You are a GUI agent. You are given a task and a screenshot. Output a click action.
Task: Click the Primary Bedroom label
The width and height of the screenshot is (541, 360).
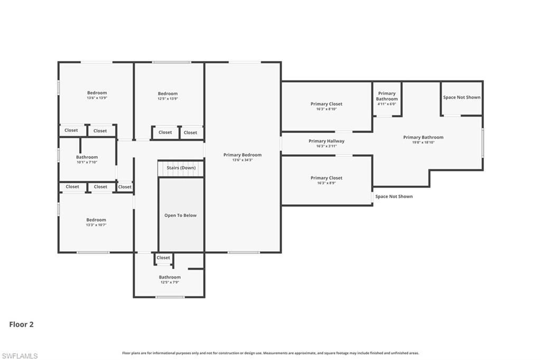(x=242, y=155)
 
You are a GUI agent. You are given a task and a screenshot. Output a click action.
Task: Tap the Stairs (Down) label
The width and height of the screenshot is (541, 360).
(x=181, y=168)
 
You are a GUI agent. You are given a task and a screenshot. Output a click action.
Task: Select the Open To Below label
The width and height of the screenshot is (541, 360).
(x=180, y=215)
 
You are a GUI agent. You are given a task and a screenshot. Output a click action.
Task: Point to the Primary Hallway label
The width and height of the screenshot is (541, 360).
(x=326, y=141)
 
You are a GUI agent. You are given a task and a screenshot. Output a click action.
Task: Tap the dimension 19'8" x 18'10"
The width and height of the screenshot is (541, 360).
(x=423, y=143)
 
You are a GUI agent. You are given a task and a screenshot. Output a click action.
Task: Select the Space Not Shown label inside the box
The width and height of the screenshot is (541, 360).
(x=461, y=97)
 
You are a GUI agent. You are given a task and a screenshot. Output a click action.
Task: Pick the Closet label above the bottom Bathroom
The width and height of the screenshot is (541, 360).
(x=163, y=258)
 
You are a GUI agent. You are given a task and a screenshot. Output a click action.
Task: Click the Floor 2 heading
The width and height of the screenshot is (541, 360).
(x=21, y=325)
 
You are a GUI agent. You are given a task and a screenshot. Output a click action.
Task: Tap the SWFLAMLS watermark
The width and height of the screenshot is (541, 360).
(x=20, y=356)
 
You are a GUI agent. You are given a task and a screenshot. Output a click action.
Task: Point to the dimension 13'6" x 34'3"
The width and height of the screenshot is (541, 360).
(x=242, y=159)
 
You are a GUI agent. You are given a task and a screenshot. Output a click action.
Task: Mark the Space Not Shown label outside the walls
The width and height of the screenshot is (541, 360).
(x=394, y=196)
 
